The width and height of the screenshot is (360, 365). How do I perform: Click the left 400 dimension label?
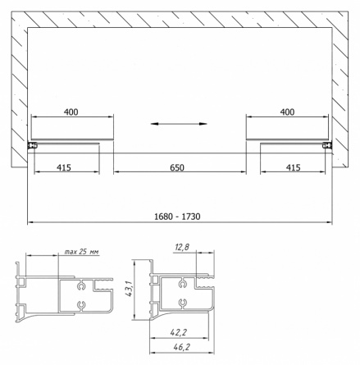coord(71,112)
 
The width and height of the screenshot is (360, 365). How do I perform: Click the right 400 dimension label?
coord(287,112)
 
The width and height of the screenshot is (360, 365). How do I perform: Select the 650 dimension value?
coord(177,167)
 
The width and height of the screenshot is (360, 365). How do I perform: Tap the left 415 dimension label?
coord(64,167)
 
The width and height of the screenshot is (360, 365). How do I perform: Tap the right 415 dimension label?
coord(294,167)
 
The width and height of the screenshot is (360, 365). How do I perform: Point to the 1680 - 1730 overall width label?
coord(177,217)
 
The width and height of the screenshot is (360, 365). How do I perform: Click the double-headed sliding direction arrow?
coord(179,124)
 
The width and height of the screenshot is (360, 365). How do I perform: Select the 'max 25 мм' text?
coord(82,252)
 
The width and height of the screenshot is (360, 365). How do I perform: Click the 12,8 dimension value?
coord(182,248)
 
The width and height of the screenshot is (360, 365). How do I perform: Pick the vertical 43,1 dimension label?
coord(129,288)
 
